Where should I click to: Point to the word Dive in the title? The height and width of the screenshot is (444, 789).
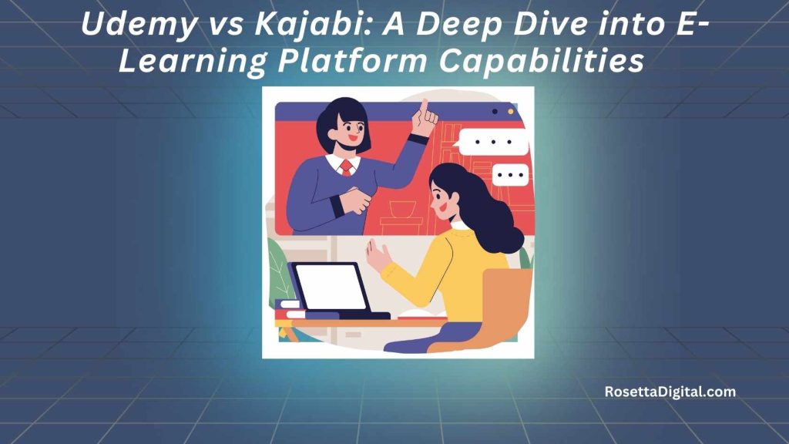coord(546,23)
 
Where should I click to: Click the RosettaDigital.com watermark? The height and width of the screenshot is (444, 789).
coord(670,392)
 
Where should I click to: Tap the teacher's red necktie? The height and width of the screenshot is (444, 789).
coord(346,167)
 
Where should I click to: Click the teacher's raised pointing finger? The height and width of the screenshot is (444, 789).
coord(424,107)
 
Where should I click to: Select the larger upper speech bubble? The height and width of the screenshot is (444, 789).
coord(494,142)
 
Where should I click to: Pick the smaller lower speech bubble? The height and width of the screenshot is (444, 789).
coord(510,175)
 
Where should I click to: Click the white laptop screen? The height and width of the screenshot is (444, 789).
coord(331,287)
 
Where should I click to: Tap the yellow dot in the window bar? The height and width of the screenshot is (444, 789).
coord(510,112)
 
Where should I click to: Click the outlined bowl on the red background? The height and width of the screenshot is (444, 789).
coord(403,208)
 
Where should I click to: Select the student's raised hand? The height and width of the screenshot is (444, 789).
coord(378,256)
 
